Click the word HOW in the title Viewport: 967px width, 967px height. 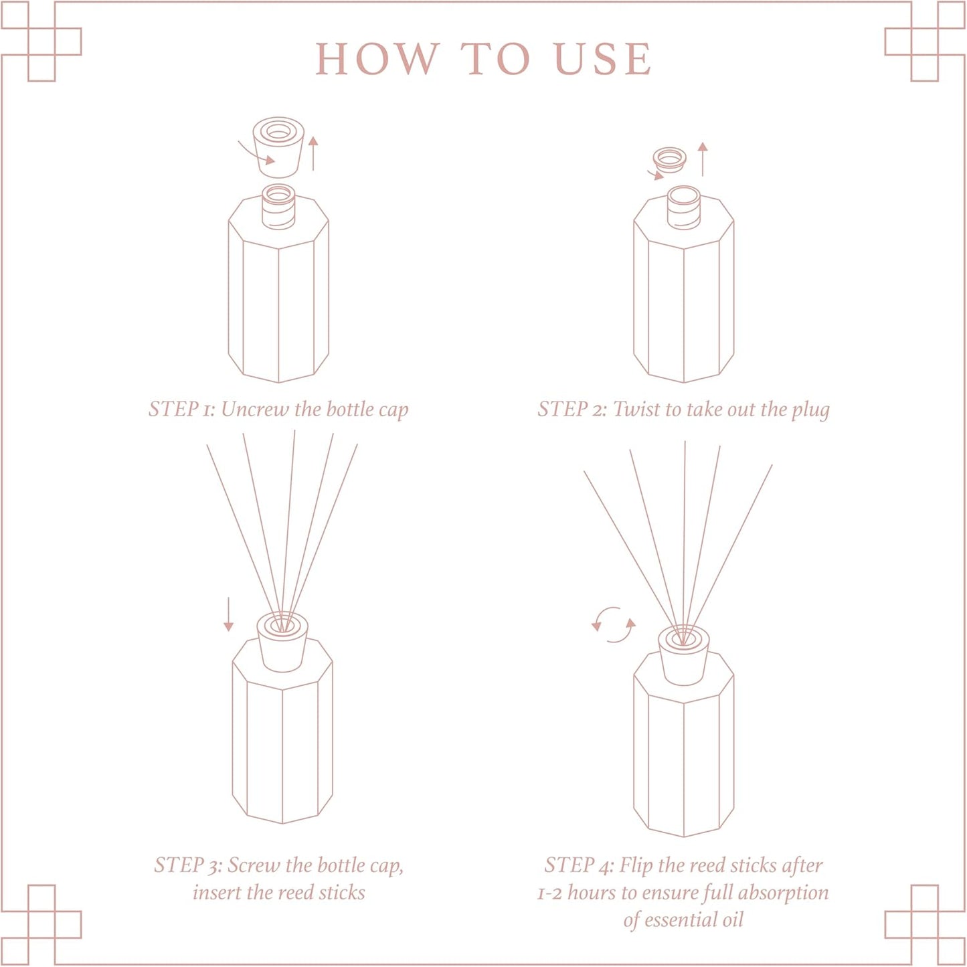pos(377,59)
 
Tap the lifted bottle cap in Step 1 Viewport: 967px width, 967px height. pos(278,149)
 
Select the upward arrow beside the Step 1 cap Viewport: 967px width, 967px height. pos(313,153)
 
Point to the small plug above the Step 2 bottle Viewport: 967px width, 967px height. pos(670,159)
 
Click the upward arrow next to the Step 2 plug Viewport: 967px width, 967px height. pos(702,159)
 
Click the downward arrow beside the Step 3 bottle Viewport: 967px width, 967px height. pos(229,614)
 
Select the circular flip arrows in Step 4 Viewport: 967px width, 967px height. pos(613,625)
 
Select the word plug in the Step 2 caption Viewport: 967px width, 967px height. pos(810,410)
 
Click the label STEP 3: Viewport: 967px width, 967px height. pos(188,865)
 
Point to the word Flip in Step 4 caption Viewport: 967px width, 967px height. pos(636,865)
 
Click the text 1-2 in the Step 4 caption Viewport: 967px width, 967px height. pos(549,893)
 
